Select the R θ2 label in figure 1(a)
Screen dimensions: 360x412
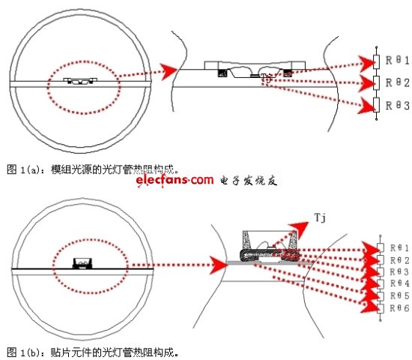[x=394, y=82]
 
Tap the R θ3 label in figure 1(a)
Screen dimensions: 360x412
[x=394, y=106]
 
